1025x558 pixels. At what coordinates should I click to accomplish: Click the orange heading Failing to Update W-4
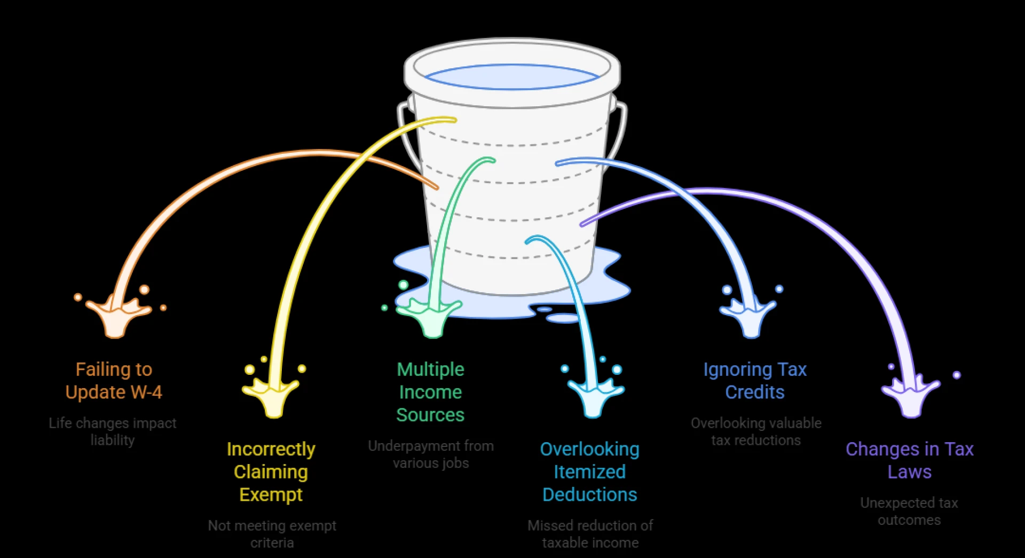[x=113, y=381]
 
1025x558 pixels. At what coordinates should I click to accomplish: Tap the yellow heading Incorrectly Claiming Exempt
[x=271, y=471]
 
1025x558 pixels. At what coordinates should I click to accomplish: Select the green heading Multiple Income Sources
[x=430, y=392]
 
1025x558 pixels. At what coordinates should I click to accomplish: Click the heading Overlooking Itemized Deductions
[x=589, y=471]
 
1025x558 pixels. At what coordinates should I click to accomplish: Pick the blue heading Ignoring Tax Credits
[x=754, y=381]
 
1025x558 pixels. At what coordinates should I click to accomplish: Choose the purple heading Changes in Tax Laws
[x=909, y=460]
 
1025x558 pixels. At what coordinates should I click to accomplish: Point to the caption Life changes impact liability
[x=112, y=431]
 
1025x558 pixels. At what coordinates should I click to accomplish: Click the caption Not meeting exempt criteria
[x=272, y=534]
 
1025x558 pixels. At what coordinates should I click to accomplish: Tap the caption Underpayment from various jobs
[x=431, y=454]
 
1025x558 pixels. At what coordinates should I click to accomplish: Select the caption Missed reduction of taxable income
[x=590, y=534]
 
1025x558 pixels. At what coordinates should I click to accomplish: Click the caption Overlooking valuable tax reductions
[x=755, y=431]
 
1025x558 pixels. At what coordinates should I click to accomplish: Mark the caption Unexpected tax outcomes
[x=909, y=512]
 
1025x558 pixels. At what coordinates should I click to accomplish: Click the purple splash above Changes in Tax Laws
[x=910, y=398]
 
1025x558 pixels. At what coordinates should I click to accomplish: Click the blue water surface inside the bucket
[x=511, y=78]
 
